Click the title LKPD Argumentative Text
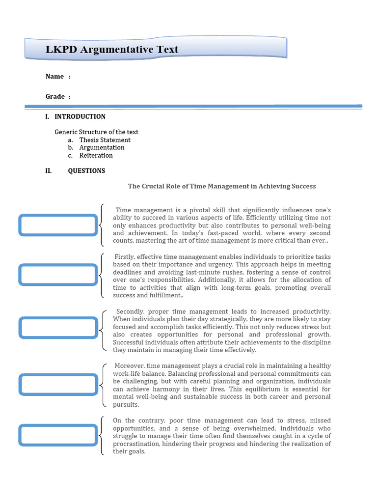click(112, 50)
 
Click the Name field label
click(54, 76)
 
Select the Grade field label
click(55, 96)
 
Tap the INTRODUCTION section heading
click(80, 116)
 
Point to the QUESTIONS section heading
click(86, 170)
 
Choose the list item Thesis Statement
click(105, 140)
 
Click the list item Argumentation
click(102, 147)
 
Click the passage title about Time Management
click(222, 186)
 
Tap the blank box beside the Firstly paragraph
click(58, 275)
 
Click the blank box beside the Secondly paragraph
click(58, 328)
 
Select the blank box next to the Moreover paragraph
click(58, 384)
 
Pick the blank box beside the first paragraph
click(58, 224)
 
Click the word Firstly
click(125, 257)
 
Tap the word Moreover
click(129, 366)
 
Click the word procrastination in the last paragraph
click(137, 444)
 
